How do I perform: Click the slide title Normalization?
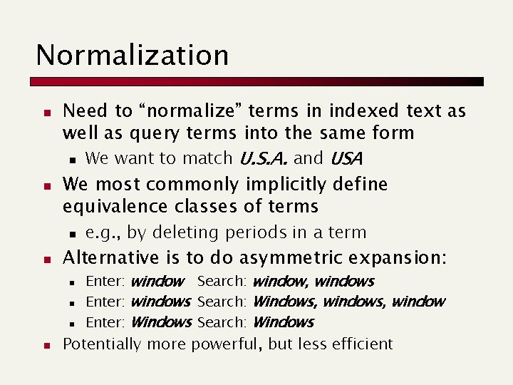point(132,55)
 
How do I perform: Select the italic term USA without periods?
point(347,158)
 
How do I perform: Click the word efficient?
point(360,344)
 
